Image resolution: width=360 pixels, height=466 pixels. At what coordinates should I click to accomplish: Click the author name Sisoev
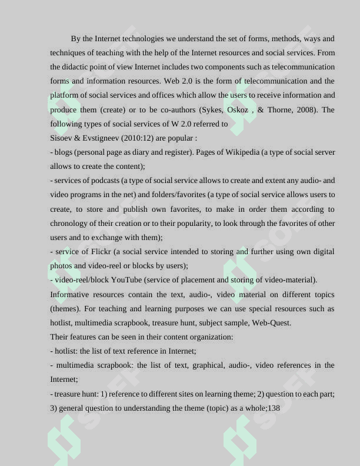click(62, 138)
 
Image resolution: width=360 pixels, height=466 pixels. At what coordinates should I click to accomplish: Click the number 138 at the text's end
click(274, 408)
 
